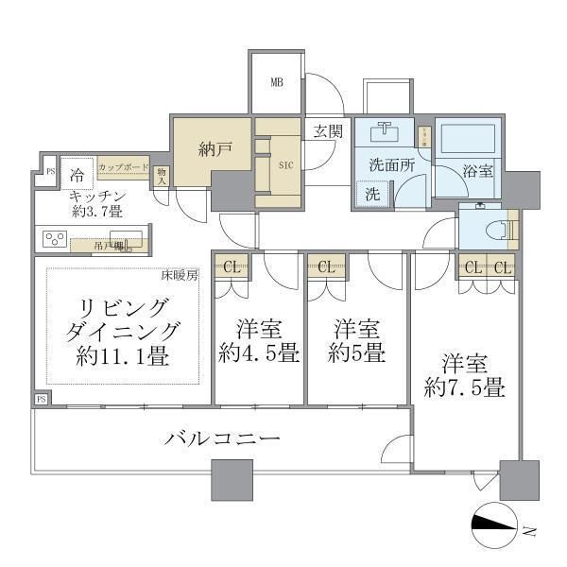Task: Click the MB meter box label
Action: pyautogui.click(x=277, y=82)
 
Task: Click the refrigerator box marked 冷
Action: pyautogui.click(x=77, y=175)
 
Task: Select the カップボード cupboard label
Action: pyautogui.click(x=123, y=166)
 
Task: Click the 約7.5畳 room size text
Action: pyautogui.click(x=464, y=387)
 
